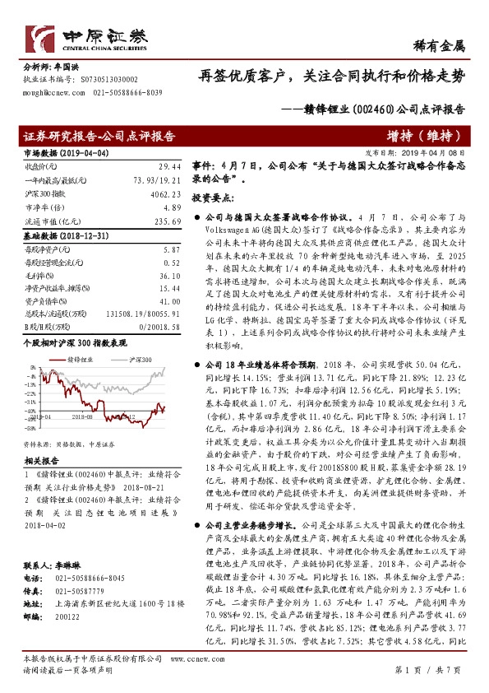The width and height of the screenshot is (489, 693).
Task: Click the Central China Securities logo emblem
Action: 42,36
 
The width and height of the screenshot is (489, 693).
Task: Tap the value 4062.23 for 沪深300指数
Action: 164,194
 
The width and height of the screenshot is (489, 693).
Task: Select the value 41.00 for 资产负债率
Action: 169,302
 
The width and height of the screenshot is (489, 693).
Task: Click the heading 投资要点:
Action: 213,198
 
